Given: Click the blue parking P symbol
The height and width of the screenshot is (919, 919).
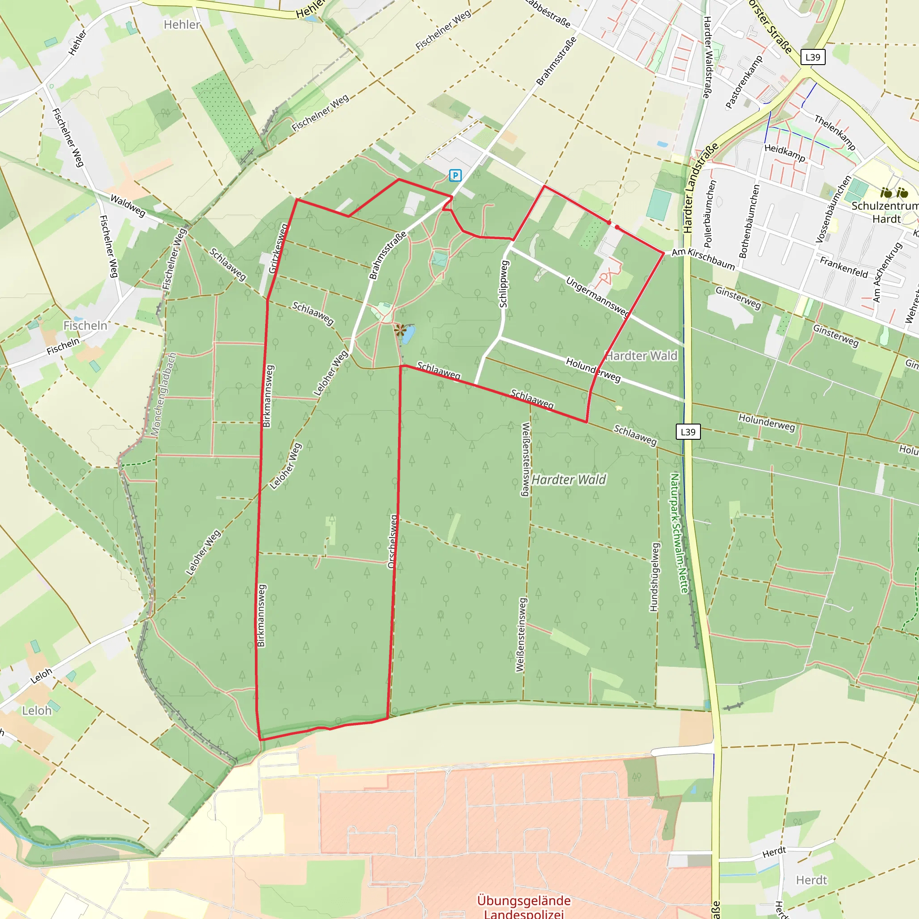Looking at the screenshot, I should [x=455, y=175].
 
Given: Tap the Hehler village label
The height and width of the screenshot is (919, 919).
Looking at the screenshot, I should [x=182, y=25].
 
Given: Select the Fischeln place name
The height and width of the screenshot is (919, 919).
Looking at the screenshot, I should [x=85, y=325].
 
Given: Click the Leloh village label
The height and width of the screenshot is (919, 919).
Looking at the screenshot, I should [x=37, y=711].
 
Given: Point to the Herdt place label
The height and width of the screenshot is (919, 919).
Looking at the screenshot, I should [x=811, y=880].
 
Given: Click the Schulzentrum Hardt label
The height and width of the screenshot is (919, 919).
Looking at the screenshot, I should [x=885, y=212].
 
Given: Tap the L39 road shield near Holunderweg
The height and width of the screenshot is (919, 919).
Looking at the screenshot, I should [x=688, y=432].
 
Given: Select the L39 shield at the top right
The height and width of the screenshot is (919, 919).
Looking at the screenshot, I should [x=813, y=57].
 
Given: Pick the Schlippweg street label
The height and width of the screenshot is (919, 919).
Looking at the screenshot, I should [x=504, y=284].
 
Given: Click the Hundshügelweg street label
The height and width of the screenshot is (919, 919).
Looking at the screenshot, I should [x=655, y=577].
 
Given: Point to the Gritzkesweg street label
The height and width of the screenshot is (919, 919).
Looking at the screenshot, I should [x=279, y=248].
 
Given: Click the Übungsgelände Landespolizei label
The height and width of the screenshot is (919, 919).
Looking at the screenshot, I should [x=524, y=906].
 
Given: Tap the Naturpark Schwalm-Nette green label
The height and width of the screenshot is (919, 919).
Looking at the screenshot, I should [x=679, y=533].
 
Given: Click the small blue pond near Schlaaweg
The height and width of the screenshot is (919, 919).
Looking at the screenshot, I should [x=407, y=335].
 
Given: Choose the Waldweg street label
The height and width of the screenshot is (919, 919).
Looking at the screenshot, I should [x=127, y=206].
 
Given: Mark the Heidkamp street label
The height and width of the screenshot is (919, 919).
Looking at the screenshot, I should [x=785, y=153].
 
